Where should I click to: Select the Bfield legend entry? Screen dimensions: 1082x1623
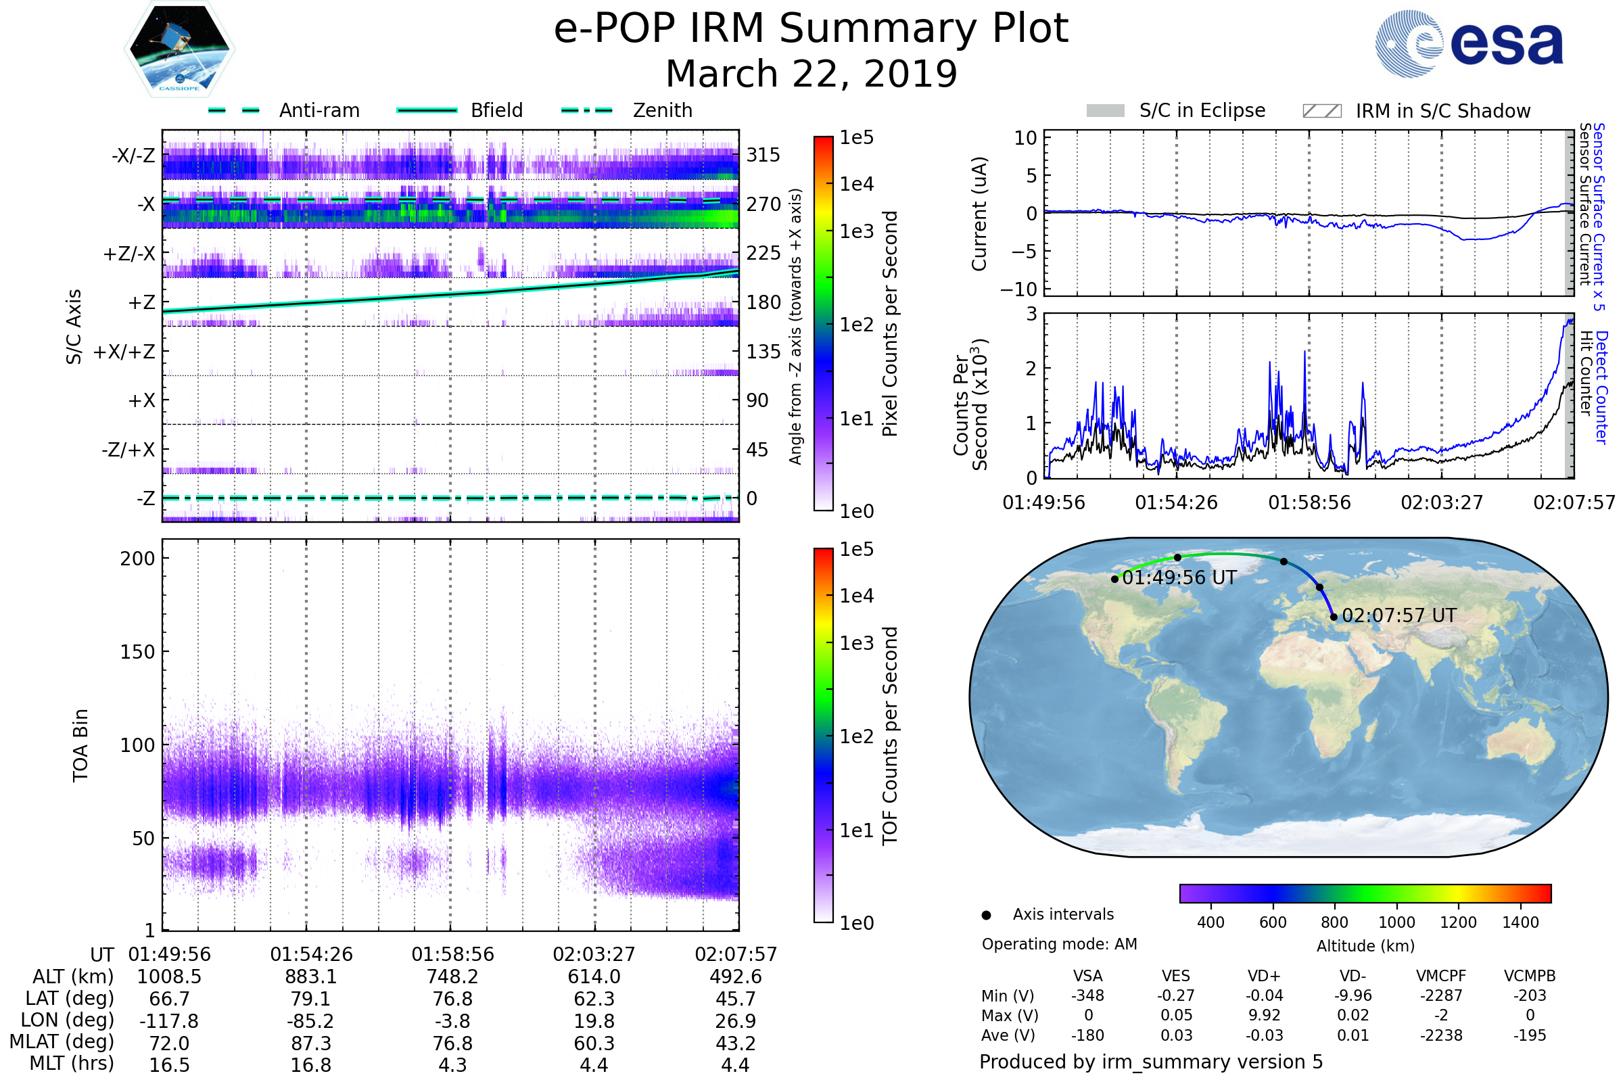point(496,110)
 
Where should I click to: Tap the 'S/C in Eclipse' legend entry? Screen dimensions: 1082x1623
point(1202,110)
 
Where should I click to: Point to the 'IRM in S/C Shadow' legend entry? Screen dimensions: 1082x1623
point(1442,111)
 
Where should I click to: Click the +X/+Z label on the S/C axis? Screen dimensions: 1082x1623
point(124,352)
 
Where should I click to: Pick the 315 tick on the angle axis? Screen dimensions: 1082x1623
point(763,155)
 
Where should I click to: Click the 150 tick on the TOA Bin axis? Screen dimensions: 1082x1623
point(137,652)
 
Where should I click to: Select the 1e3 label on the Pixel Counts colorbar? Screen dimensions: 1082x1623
point(856,231)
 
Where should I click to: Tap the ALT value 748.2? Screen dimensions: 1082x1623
point(452,977)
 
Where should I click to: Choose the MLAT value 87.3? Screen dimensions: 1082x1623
point(311,1043)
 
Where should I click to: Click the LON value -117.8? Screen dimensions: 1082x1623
point(169,1020)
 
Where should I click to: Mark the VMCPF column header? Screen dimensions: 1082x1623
point(1441,976)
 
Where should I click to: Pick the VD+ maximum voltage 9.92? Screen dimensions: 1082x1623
point(1264,1015)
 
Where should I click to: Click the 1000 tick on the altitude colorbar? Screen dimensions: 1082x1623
point(1396,922)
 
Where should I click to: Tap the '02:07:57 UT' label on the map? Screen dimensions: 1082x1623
point(1398,615)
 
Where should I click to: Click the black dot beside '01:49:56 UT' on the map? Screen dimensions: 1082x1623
point(1114,579)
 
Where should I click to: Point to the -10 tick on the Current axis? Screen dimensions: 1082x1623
point(1018,289)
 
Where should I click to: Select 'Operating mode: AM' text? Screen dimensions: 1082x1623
point(1059,944)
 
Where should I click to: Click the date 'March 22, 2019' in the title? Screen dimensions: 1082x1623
point(811,74)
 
